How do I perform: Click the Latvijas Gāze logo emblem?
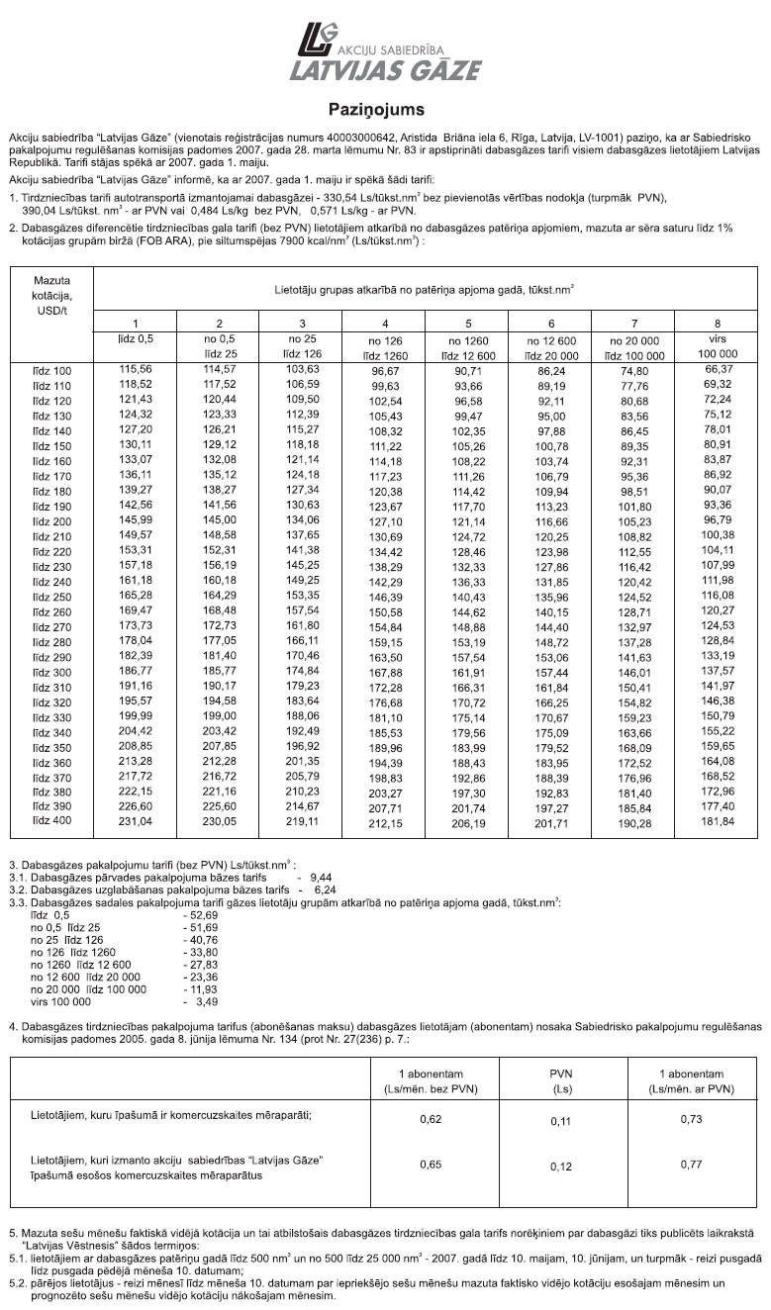[319, 42]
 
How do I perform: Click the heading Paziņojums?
[376, 108]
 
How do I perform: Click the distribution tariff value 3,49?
[205, 1001]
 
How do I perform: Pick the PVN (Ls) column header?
[561, 1080]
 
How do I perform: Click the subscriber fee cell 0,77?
[691, 1166]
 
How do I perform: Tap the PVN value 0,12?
[561, 1167]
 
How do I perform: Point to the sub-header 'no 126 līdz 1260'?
[385, 346]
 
